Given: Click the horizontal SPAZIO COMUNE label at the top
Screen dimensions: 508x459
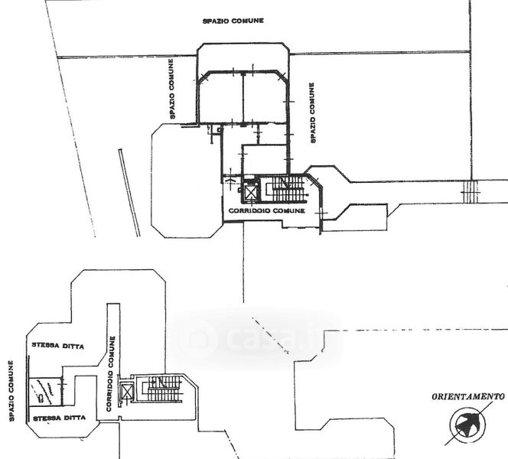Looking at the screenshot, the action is tap(233, 21).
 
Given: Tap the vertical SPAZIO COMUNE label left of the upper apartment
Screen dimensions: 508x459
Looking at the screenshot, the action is tap(171, 89).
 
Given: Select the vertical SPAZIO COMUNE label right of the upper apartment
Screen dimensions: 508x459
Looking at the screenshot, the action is tap(312, 112).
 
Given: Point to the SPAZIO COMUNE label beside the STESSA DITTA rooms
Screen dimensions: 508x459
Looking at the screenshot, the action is tap(11, 391).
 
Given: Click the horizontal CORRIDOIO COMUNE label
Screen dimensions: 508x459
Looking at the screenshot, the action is tap(267, 210).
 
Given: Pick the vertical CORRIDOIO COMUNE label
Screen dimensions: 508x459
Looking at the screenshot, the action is tap(111, 374).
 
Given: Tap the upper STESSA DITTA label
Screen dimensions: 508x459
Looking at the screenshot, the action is tap(57, 346).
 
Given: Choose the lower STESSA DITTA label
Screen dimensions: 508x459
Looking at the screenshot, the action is tap(60, 418).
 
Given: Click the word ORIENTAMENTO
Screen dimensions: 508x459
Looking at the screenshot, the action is tap(468, 396).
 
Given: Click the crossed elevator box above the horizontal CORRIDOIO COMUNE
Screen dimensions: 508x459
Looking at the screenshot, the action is tap(250, 193).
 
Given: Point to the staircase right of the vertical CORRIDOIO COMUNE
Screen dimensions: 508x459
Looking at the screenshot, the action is tap(163, 389).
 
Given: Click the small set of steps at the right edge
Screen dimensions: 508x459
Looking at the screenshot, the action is tap(470, 192).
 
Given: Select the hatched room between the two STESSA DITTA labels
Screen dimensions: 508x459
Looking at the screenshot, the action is tap(45, 392).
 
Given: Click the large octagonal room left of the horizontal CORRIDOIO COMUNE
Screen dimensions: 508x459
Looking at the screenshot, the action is tap(187, 181).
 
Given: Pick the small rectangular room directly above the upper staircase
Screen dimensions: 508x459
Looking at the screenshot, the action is tap(265, 160).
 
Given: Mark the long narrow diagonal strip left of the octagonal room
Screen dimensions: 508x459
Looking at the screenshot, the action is tap(129, 193).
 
